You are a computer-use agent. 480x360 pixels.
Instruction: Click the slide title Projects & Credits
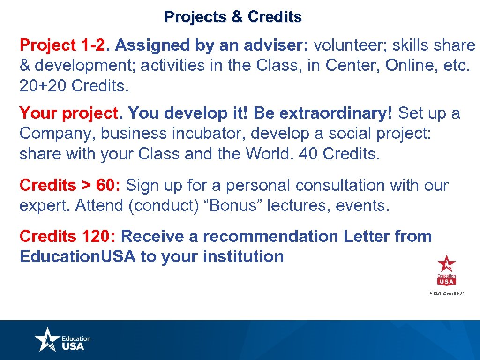(233, 17)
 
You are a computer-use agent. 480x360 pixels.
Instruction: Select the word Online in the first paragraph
(412, 66)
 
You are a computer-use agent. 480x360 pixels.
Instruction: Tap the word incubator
(212, 134)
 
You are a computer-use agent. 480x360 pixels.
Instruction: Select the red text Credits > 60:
(70, 185)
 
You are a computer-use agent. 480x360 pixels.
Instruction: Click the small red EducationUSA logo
(446, 270)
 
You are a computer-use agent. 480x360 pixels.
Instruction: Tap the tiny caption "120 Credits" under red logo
(446, 294)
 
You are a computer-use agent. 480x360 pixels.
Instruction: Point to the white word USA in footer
(73, 346)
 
